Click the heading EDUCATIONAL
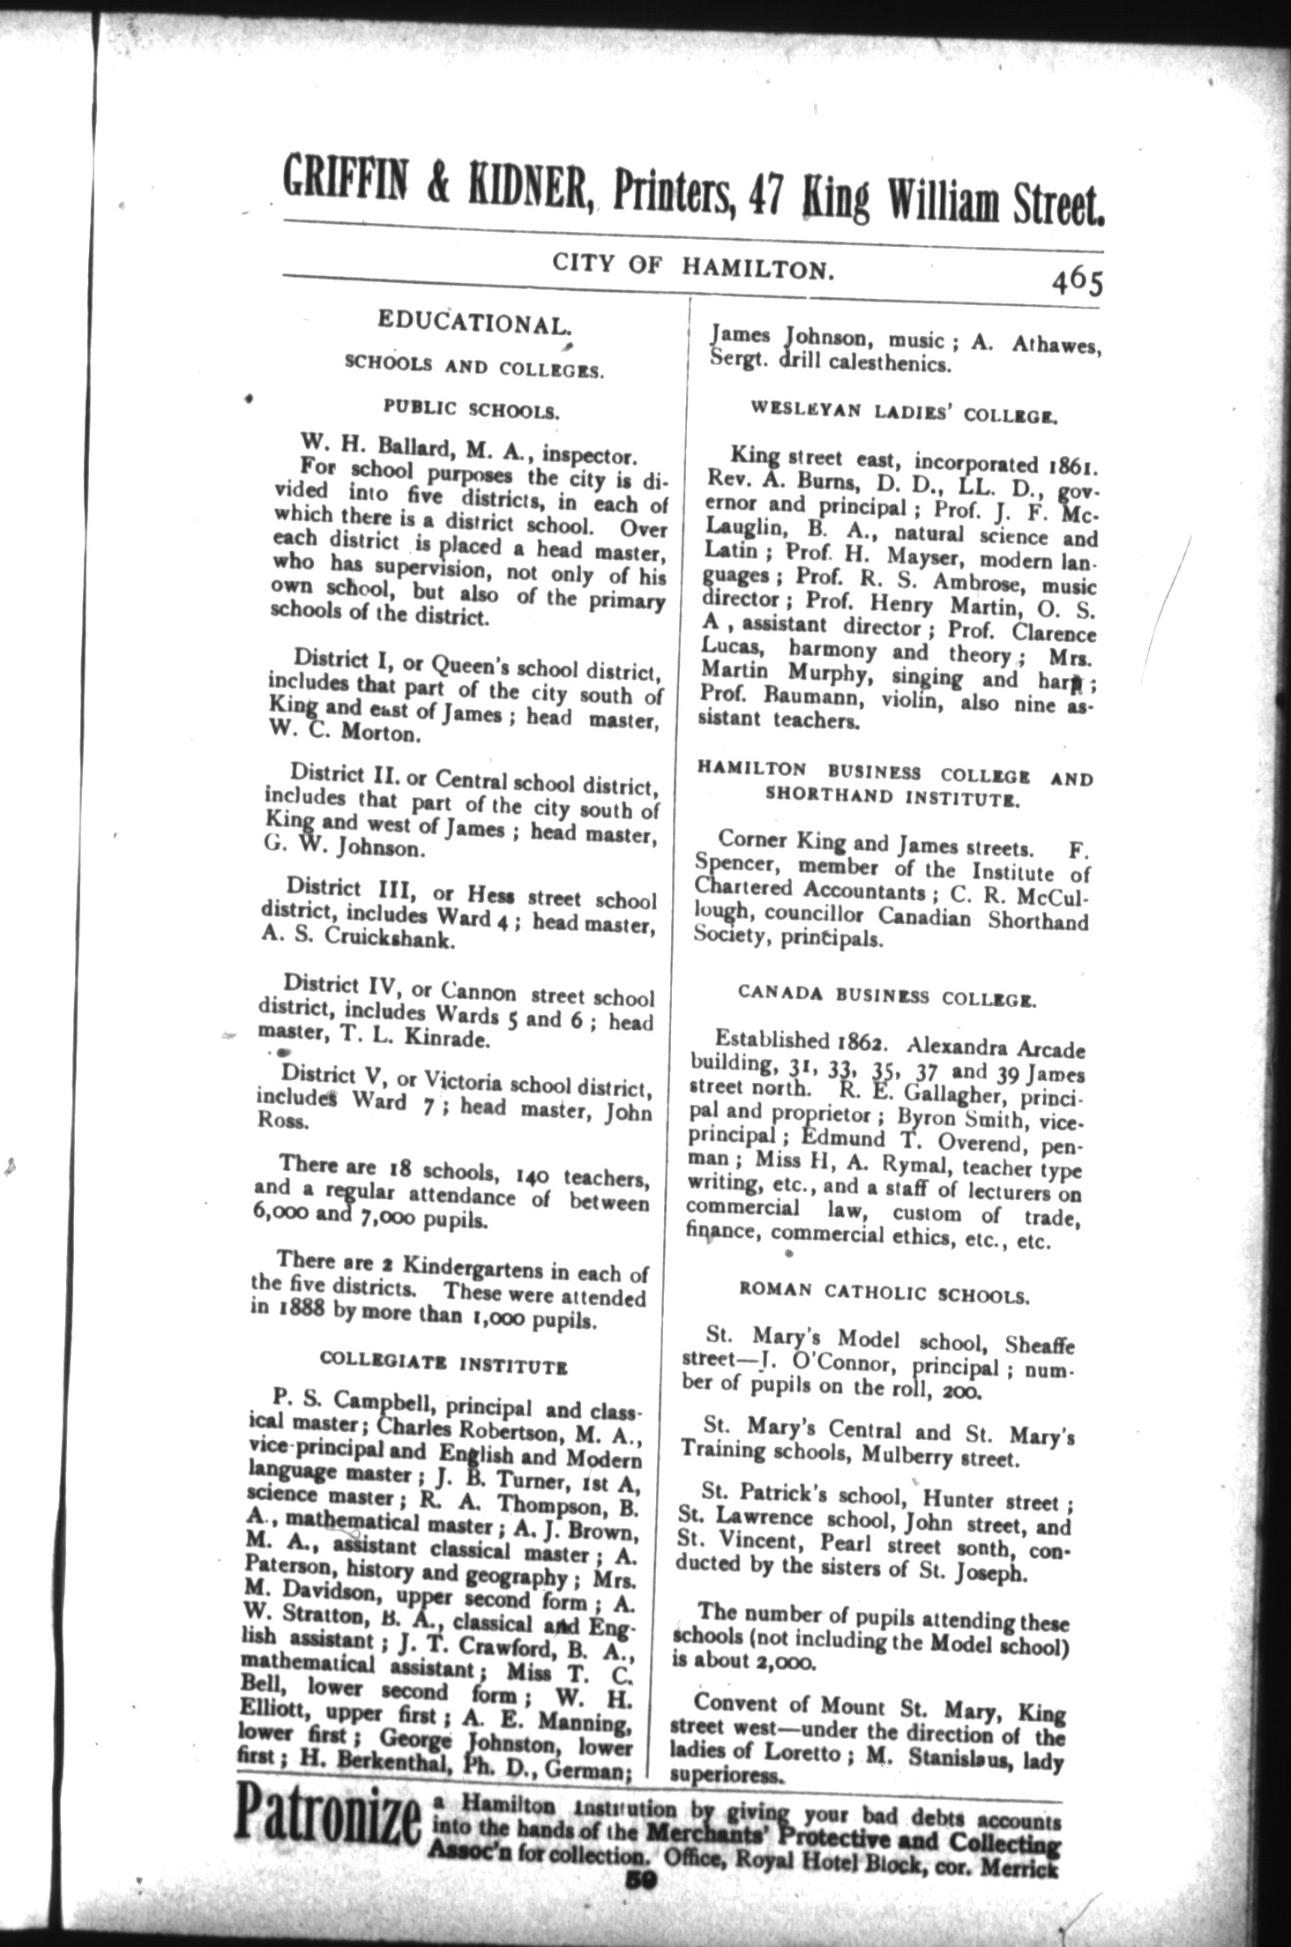tap(472, 323)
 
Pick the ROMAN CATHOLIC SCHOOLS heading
tap(884, 1294)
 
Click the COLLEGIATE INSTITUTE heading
tap(444, 1362)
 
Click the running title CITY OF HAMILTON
tap(693, 265)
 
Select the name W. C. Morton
tap(340, 733)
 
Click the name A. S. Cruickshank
tap(358, 939)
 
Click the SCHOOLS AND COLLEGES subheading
tap(474, 366)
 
